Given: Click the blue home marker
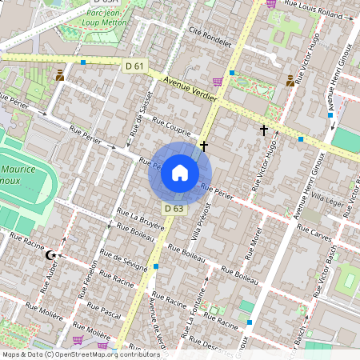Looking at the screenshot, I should (x=180, y=173).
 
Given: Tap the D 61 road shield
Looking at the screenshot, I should (x=134, y=65).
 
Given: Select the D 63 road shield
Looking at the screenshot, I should (x=174, y=209).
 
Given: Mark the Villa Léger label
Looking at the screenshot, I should (x=327, y=198).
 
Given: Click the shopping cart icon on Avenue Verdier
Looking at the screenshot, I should (x=218, y=81).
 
